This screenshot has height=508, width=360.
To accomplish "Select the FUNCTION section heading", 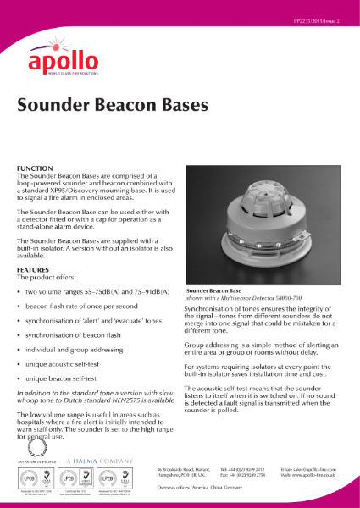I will click(x=36, y=168).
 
